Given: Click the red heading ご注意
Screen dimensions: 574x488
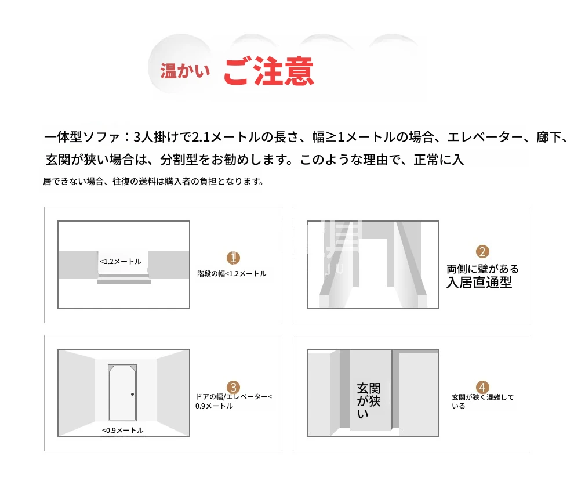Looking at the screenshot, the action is [268, 71].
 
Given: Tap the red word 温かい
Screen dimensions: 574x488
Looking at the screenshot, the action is [185, 71].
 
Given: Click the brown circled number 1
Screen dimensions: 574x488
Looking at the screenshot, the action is [233, 258].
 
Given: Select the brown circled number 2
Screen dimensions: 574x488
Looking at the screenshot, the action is [482, 252].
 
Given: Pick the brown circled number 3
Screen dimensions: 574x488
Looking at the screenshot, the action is [233, 387].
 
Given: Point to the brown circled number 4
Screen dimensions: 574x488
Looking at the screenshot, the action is [482, 387].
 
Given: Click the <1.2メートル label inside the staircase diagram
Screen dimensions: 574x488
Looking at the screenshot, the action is [121, 262].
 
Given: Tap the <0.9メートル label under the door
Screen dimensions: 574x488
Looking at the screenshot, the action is [123, 430].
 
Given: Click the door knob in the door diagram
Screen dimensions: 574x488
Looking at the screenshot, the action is [133, 394].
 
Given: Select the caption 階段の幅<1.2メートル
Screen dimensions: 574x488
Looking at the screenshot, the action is [232, 274].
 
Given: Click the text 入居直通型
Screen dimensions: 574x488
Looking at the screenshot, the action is [479, 283].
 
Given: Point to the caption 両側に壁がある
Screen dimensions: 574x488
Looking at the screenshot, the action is [482, 269].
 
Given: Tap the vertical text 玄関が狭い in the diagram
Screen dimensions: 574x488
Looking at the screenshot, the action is [369, 401].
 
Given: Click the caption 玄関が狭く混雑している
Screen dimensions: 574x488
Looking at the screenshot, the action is [482, 402].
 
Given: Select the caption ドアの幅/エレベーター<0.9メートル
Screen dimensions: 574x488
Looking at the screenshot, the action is [234, 401].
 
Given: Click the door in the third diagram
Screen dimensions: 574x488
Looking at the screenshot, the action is [122, 392].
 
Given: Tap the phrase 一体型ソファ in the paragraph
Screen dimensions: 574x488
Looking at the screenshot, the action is [82, 137].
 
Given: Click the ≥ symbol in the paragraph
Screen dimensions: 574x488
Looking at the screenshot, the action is [331, 137].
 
